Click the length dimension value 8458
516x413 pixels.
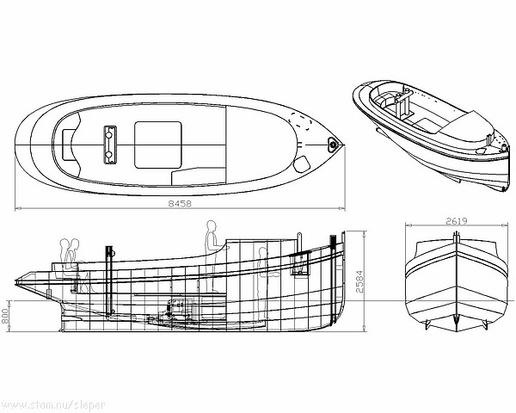coord(180,204)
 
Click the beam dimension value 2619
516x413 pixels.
coord(457,221)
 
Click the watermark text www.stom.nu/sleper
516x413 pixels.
coord(52,405)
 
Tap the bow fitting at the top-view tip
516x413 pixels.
coord(334,145)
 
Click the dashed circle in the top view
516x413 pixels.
coord(300,121)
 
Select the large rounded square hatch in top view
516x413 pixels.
coord(158,145)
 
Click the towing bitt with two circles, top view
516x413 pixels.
coord(109,145)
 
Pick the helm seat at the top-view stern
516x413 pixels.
coord(69,145)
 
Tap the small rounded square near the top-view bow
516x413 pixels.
coord(302,164)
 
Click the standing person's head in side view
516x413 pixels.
coord(212,226)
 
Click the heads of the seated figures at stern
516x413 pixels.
coord(70,244)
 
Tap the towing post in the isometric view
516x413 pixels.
coord(404,104)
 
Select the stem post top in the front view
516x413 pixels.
coord(456,237)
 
